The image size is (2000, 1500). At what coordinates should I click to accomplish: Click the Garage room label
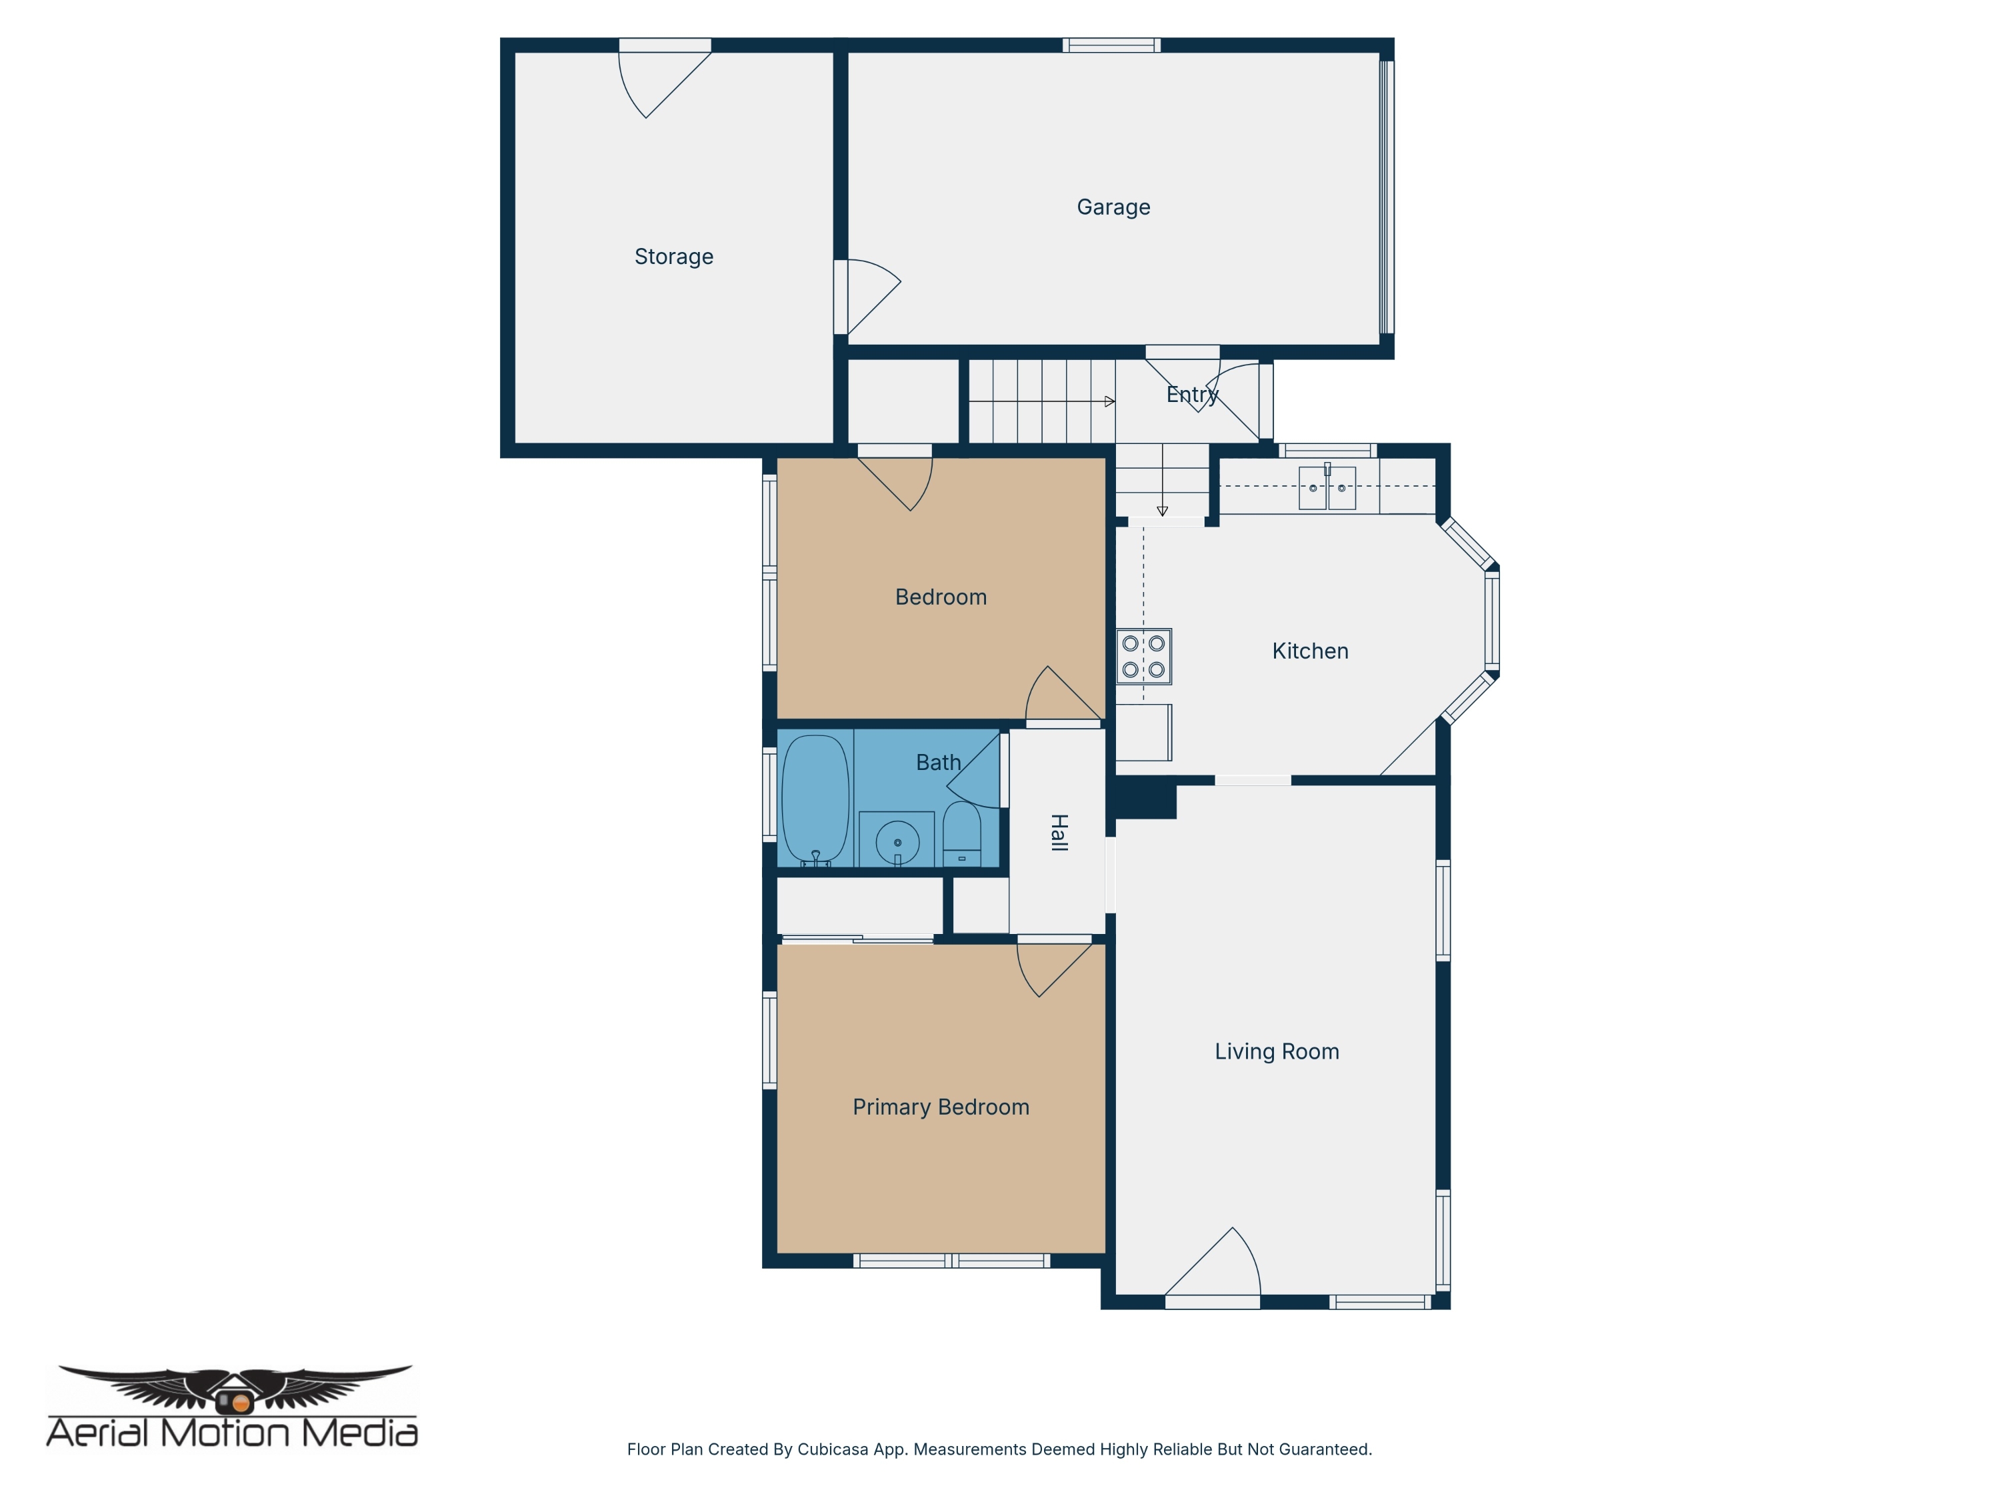click(x=1113, y=207)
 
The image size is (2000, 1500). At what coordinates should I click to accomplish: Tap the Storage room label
click(x=673, y=257)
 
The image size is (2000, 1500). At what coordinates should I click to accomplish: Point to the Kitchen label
click(x=1310, y=651)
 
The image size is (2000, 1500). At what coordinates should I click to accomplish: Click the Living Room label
click(x=1277, y=1051)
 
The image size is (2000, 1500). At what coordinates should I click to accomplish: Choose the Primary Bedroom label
click(x=940, y=1107)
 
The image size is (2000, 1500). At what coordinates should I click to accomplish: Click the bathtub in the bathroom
click(x=815, y=800)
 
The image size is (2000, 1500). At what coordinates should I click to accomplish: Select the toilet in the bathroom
click(x=961, y=833)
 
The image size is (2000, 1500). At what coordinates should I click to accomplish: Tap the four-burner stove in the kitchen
click(x=1144, y=657)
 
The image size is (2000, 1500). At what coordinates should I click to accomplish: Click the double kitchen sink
click(x=1327, y=487)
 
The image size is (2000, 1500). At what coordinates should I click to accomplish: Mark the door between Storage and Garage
click(x=867, y=297)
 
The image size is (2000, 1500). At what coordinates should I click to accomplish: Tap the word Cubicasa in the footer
click(x=833, y=1449)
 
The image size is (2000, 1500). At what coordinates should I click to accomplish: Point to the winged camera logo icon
click(x=235, y=1389)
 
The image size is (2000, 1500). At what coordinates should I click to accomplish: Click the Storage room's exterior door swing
click(x=665, y=84)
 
